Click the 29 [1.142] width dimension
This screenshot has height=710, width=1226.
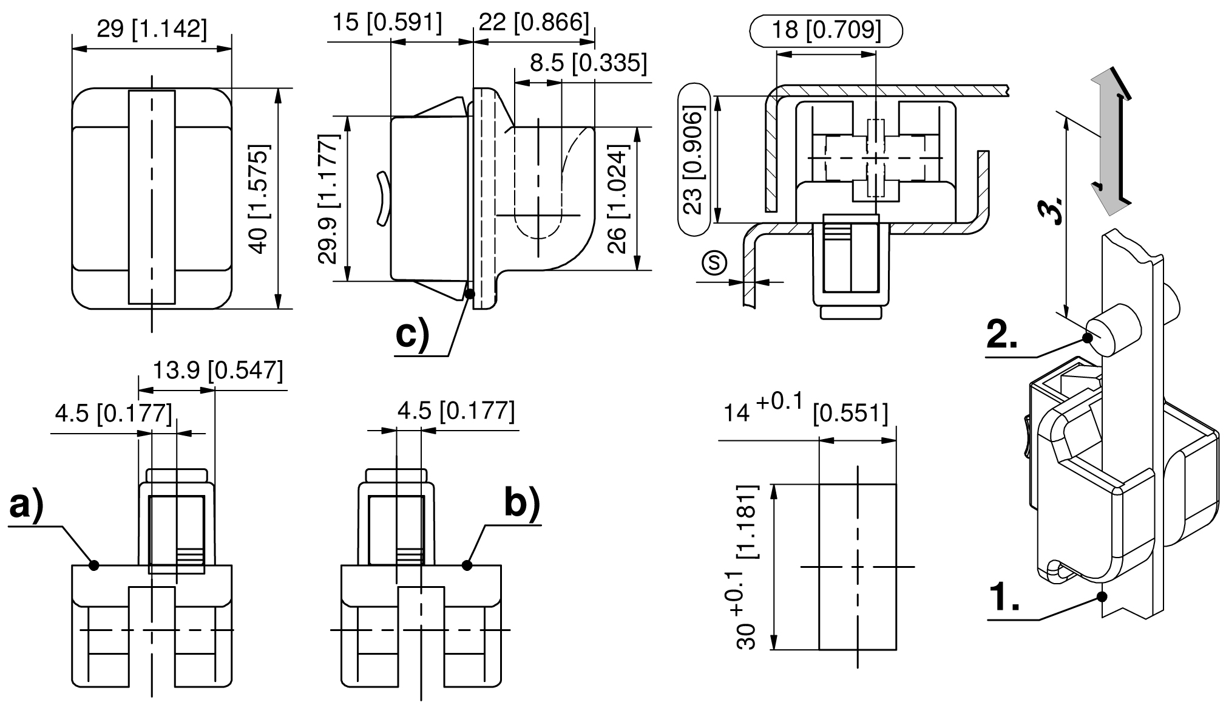[152, 29]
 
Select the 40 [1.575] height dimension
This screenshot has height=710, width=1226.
[259, 199]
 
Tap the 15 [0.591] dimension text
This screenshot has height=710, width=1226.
[387, 23]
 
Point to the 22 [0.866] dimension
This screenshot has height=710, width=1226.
[534, 23]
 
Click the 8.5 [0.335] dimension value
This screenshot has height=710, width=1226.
[588, 63]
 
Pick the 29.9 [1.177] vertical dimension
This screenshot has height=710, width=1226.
[328, 199]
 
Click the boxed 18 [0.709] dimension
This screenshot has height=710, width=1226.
[827, 30]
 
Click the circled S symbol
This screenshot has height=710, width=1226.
[714, 262]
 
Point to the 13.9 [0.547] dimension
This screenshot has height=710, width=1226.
[217, 370]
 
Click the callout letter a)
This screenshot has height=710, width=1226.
[26, 506]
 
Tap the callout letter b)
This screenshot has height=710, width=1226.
[522, 503]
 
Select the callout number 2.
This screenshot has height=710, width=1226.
[1002, 335]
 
